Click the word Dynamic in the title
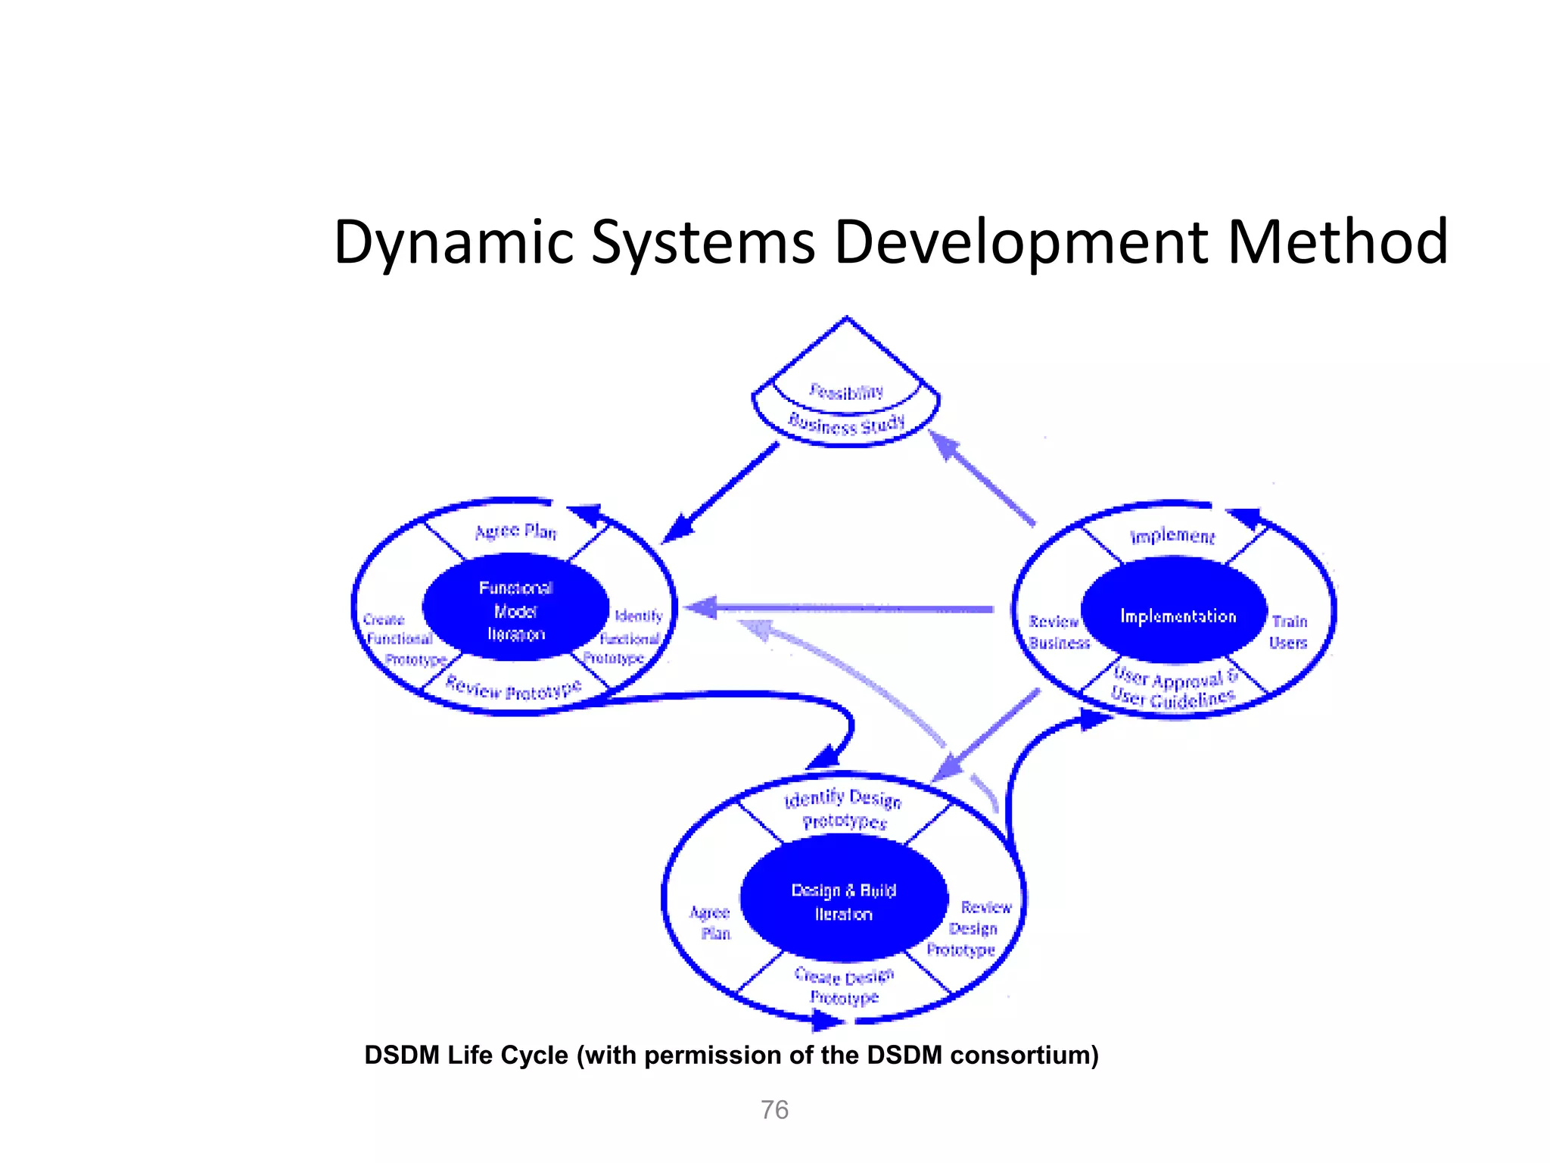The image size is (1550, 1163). pos(453,242)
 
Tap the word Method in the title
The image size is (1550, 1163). pos(1337,242)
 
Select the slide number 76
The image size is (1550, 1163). pos(774,1109)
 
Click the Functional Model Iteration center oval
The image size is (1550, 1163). pos(515,610)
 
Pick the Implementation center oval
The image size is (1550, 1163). pos(1177,616)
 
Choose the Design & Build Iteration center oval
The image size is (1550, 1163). pos(843,902)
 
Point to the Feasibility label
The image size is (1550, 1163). pos(846,391)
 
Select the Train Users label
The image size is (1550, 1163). pos(1289,632)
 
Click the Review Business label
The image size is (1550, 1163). pos(1058,632)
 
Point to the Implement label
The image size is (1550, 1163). pos(1172,536)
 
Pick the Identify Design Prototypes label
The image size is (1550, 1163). pos(843,809)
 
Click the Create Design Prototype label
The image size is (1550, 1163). pos(844,987)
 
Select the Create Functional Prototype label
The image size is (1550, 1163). pos(401,640)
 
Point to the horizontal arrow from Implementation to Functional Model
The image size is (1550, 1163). pos(840,608)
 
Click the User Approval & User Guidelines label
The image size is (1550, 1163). pos(1174,688)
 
